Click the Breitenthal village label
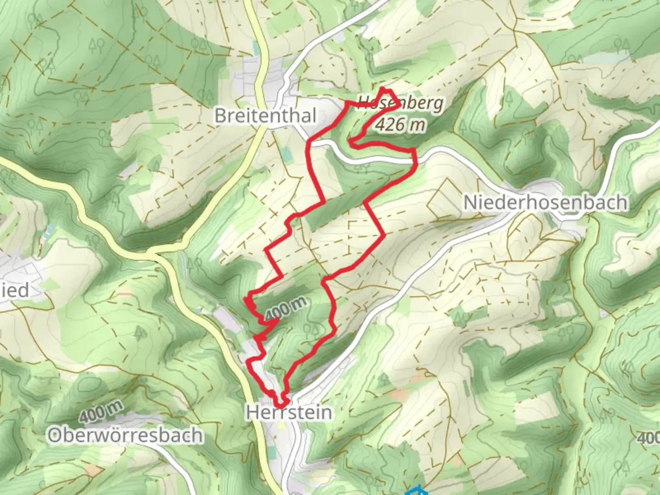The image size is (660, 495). click(265, 115)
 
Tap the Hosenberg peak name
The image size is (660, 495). click(400, 103)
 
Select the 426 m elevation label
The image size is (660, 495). click(400, 124)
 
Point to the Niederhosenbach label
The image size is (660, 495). click(545, 202)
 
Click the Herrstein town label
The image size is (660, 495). click(289, 412)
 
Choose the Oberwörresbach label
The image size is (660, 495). click(125, 435)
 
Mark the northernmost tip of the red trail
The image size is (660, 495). click(383, 88)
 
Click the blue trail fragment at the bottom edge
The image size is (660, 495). click(416, 490)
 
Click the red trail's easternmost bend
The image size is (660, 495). click(415, 158)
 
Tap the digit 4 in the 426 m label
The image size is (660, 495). click(380, 124)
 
